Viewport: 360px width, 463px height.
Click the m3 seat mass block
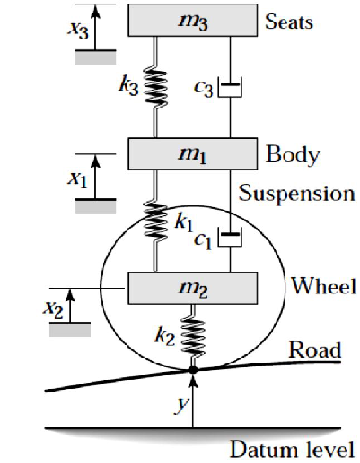(x=193, y=21)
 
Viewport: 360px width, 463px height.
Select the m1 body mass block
(x=193, y=153)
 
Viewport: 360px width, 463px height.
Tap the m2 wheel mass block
(x=193, y=288)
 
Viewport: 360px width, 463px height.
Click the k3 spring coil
(x=155, y=88)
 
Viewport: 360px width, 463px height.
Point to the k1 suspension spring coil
(x=155, y=223)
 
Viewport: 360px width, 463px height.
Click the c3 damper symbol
(x=230, y=87)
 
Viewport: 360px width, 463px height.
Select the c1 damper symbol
(x=230, y=237)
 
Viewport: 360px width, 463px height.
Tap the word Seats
(x=289, y=22)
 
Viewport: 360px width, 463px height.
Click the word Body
(x=293, y=155)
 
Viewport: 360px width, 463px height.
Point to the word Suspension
(x=296, y=194)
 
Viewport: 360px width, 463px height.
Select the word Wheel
(x=324, y=285)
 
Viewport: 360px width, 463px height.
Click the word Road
(x=315, y=349)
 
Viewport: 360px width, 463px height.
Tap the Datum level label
(x=293, y=449)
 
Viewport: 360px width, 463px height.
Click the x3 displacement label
(x=78, y=30)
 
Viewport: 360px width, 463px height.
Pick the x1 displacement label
(x=78, y=179)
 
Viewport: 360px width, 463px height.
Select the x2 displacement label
(x=53, y=310)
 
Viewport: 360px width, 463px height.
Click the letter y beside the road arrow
(x=181, y=405)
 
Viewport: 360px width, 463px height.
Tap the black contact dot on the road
(x=193, y=371)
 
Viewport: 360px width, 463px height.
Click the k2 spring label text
(x=165, y=336)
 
